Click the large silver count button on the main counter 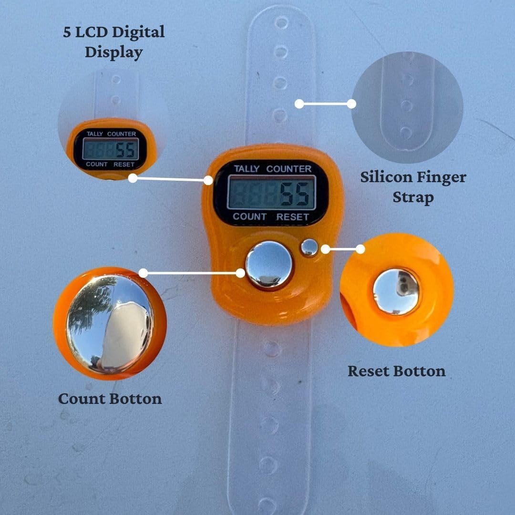[x=269, y=265]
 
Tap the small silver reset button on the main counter [x=309, y=247]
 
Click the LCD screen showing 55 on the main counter [x=271, y=192]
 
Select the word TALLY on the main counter [x=247, y=169]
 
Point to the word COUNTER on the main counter [x=288, y=169]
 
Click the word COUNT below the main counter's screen [x=249, y=216]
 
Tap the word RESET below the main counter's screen [x=293, y=217]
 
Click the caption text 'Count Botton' [x=110, y=399]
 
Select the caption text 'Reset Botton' [x=396, y=371]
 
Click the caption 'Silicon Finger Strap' [x=413, y=187]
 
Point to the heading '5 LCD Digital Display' [x=114, y=42]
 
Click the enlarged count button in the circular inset [x=110, y=324]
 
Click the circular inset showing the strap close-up [x=407, y=107]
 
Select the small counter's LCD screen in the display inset [x=110, y=149]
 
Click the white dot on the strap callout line [x=299, y=103]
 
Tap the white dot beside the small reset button [x=325, y=249]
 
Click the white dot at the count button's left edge [x=241, y=273]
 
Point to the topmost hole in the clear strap [x=281, y=22]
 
